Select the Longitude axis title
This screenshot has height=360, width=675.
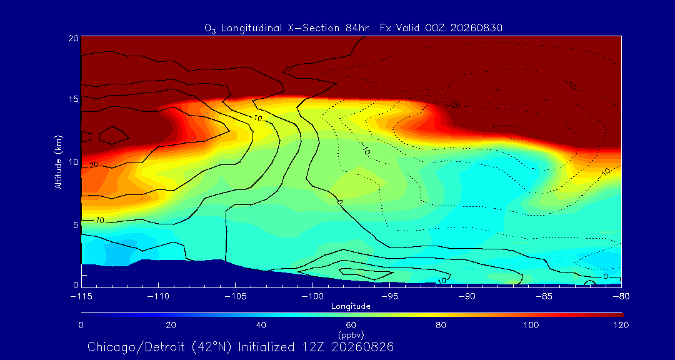coord(351,307)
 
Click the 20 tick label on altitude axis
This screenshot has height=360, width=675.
coord(74,37)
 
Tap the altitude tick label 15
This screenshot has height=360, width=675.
coord(74,99)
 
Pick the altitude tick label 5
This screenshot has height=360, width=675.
coord(76,225)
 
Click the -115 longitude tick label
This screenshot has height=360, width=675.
coord(81,297)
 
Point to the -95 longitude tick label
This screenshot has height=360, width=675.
coord(389,297)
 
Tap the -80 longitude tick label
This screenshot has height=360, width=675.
coord(621,297)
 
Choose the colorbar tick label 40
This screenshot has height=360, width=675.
coord(261,325)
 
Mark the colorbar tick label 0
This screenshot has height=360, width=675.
coord(81,325)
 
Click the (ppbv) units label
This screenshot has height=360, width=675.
coord(352,334)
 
